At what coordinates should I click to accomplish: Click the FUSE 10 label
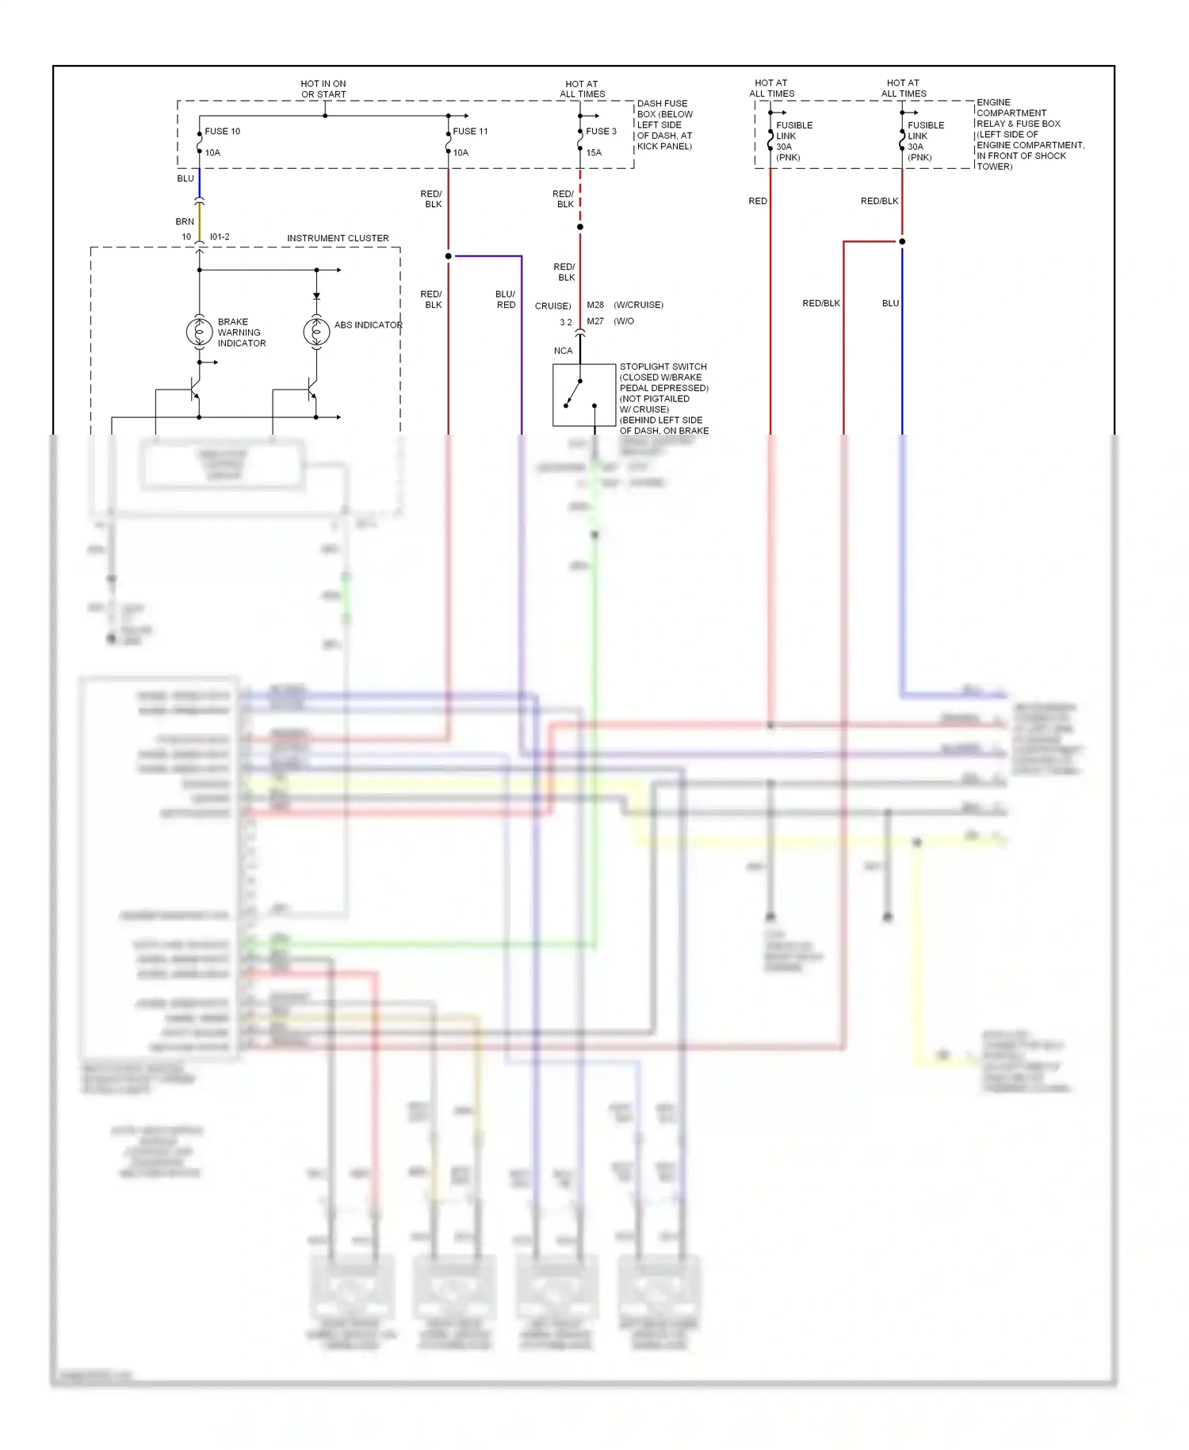point(222,132)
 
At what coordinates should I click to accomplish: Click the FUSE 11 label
point(470,132)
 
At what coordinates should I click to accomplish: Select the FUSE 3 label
point(601,132)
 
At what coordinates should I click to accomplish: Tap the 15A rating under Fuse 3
point(594,153)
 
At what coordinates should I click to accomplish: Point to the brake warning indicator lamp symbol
point(199,332)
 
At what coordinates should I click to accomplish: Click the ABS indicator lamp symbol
point(316,332)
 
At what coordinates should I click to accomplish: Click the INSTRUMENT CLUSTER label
point(338,238)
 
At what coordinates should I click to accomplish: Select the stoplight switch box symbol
point(584,395)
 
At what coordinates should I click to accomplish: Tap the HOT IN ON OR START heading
point(323,89)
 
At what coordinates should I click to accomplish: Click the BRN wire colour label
point(185,222)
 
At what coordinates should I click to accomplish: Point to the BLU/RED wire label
point(505,300)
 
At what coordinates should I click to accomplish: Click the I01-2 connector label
point(220,237)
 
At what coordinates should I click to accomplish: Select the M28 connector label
point(595,305)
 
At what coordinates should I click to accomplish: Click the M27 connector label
point(595,321)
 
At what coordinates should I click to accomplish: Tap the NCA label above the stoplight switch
point(563,351)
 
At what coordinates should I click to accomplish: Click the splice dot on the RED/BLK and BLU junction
point(902,241)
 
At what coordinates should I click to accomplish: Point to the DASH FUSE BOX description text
point(664,125)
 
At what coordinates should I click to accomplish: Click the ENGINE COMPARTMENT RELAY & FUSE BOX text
point(1029,134)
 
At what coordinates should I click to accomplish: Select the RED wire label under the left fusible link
point(757,201)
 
